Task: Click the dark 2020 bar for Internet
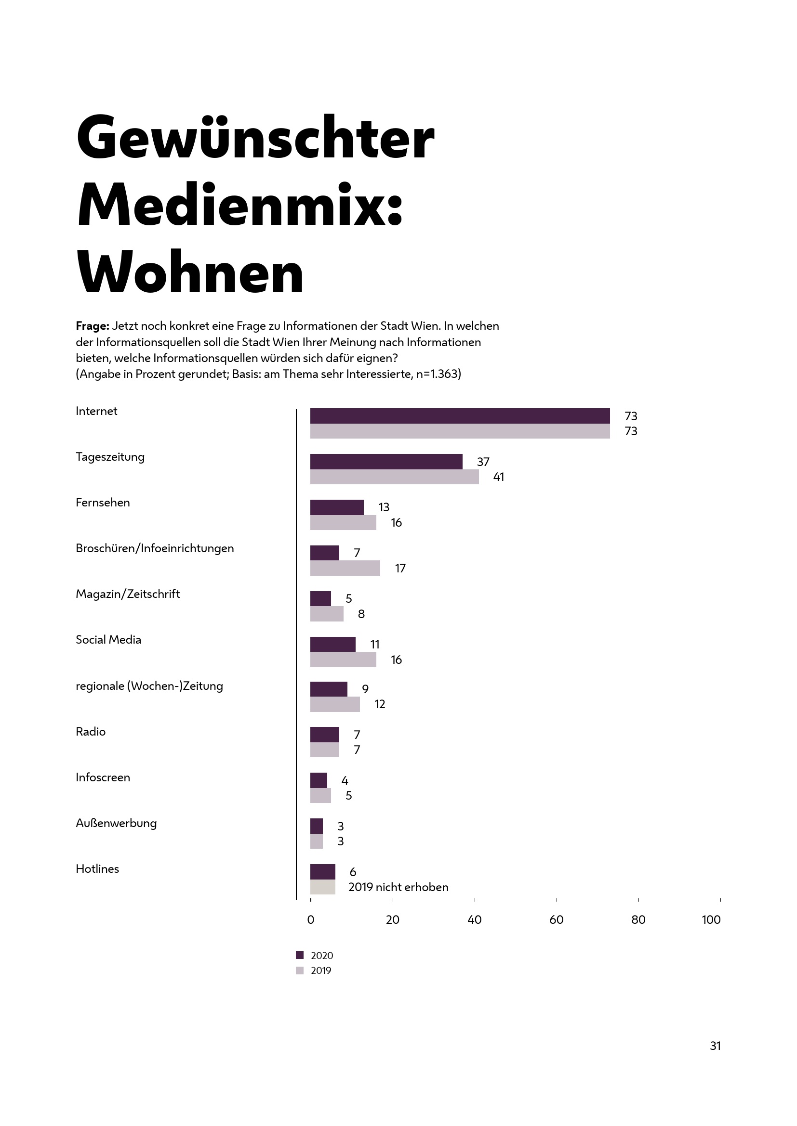460,416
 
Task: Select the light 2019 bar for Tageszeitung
394,477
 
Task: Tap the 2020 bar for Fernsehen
337,507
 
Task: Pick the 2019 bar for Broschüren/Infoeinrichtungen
345,568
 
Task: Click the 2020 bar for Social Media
333,645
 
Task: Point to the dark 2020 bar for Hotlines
322,872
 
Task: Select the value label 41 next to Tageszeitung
498,477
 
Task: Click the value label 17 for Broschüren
400,569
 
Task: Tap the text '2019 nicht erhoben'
398,887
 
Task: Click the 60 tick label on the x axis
556,919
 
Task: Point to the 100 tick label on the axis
711,919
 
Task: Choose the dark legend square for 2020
300,955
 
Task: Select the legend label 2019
321,971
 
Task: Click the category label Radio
91,732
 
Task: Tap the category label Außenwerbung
116,823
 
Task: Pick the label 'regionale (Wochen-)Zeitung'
149,686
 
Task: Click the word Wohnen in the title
190,272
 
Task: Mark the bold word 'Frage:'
92,326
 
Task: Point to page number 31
715,1046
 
